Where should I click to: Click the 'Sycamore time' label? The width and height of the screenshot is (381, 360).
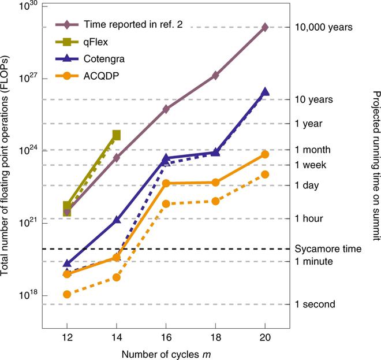click(328, 249)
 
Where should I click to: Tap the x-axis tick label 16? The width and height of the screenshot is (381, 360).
click(166, 338)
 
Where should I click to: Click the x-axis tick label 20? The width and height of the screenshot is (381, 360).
click(265, 338)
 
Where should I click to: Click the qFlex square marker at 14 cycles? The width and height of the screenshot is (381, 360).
click(116, 135)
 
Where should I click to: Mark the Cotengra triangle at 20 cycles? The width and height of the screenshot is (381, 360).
click(265, 91)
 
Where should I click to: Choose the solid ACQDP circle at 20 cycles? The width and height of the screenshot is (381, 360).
click(265, 154)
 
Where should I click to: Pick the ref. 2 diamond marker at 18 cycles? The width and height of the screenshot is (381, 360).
click(215, 75)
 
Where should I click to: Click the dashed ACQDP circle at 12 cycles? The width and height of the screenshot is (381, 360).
click(67, 294)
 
